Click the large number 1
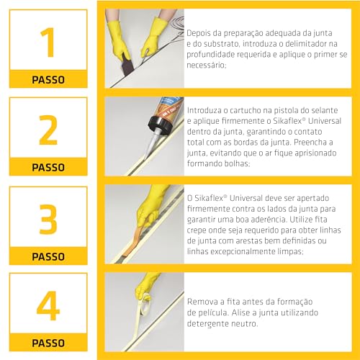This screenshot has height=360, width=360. pyautogui.click(x=48, y=42)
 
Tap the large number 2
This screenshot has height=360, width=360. pyautogui.click(x=48, y=130)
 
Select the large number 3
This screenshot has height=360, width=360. pyautogui.click(x=48, y=218)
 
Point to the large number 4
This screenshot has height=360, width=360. pyautogui.click(x=48, y=305)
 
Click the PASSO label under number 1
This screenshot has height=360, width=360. pyautogui.click(x=48, y=79)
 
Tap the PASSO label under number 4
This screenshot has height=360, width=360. pyautogui.click(x=48, y=343)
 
